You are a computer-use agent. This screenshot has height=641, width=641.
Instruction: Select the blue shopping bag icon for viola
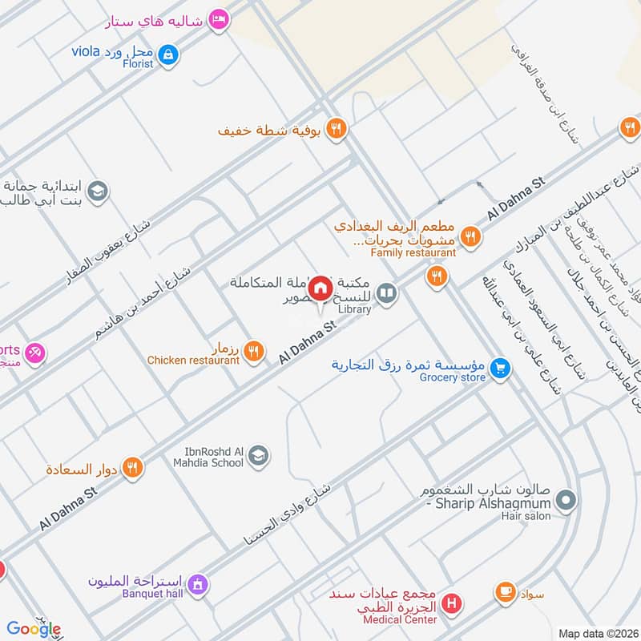tap(168, 54)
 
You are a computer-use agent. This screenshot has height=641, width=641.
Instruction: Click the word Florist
tap(139, 64)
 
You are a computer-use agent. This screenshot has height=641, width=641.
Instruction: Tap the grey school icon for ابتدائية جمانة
tap(98, 191)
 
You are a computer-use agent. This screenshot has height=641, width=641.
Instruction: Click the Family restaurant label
tap(413, 252)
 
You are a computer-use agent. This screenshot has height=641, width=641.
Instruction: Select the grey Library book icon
tap(387, 294)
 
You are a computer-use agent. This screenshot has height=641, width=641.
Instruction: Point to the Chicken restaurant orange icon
tap(253, 349)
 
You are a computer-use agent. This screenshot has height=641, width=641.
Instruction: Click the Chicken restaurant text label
tap(193, 361)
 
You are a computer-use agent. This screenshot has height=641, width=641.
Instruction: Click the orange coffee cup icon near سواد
tap(505, 592)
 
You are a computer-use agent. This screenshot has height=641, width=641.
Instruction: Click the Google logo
tap(34, 629)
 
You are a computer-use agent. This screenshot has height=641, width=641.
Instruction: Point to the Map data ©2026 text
tap(597, 633)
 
